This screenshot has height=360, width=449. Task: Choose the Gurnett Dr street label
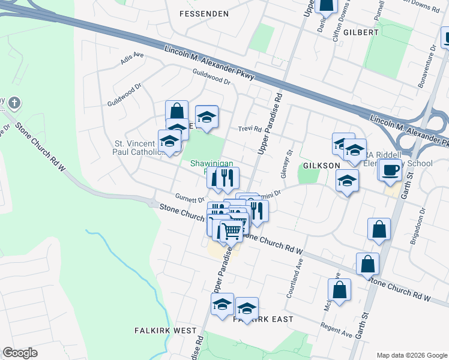coord(190,198)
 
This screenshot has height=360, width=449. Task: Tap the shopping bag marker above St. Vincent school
coord(177,111)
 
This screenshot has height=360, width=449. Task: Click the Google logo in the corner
coord(20,353)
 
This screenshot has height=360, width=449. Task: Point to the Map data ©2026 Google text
coord(411,355)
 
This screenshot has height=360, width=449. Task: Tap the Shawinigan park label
coord(207,164)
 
